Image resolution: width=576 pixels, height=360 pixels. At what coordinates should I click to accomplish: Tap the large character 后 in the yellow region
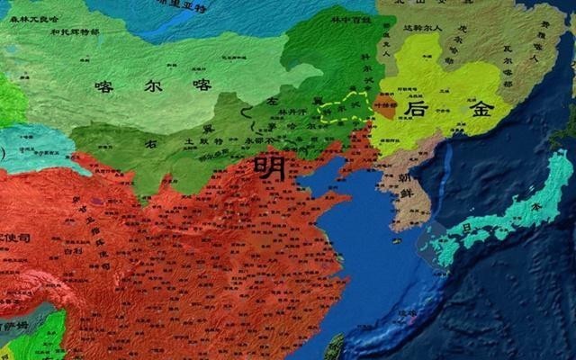click(417, 109)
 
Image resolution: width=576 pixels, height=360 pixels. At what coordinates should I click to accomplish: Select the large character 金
click(479, 109)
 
